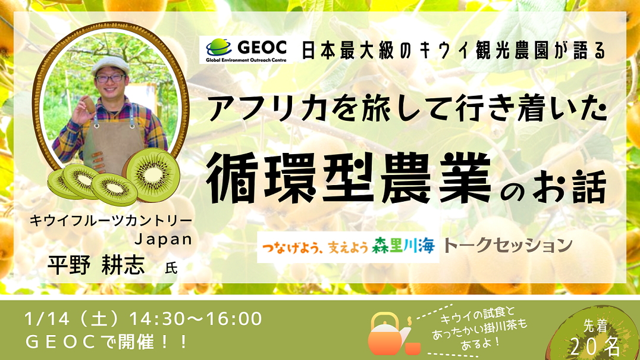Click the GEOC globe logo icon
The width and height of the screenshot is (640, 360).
[x=219, y=48]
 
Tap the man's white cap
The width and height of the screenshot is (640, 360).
[x=110, y=65]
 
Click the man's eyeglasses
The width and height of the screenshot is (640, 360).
[x=110, y=78]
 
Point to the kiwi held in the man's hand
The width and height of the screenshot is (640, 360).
[x=89, y=105]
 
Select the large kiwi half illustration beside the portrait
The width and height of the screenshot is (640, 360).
[x=152, y=175]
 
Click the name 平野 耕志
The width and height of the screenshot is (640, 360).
[x=96, y=265]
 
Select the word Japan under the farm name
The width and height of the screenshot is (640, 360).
[x=163, y=239]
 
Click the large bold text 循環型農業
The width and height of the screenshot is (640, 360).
[x=349, y=178]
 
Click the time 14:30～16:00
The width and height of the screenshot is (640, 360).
[x=196, y=319]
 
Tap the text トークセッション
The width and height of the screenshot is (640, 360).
[x=508, y=245]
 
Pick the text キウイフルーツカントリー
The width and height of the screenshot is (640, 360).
[x=111, y=220]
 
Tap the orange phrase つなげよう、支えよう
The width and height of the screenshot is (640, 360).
[x=315, y=246]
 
